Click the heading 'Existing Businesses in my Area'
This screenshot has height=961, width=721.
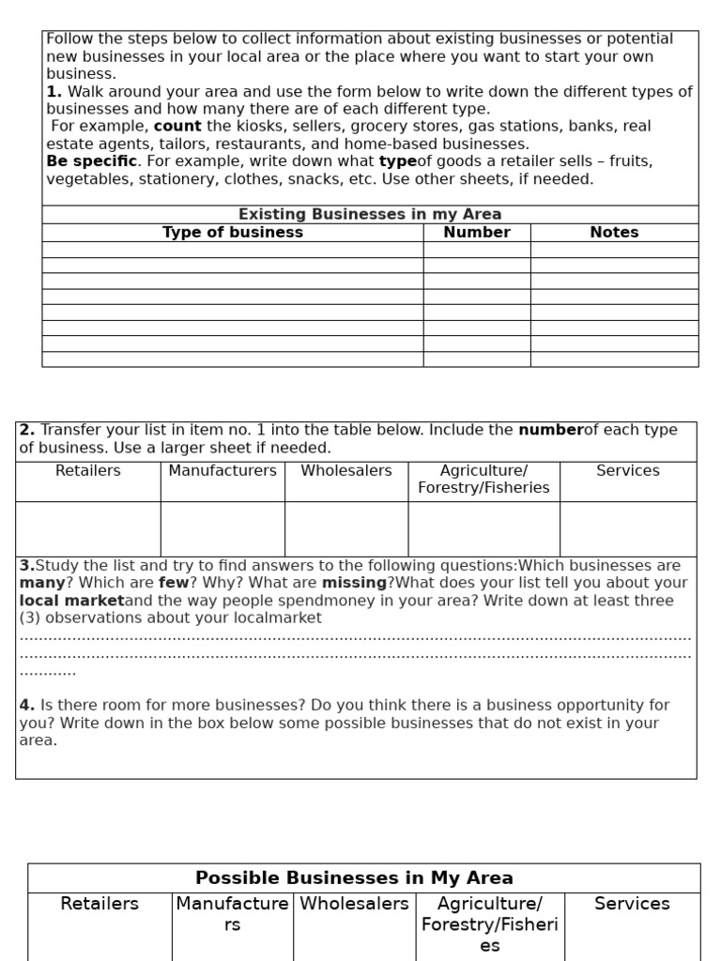370,214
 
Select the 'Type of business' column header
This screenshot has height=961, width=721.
233,232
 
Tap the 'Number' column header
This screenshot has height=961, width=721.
477,232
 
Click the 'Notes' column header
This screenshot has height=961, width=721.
614,232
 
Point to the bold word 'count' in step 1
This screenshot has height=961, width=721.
177,126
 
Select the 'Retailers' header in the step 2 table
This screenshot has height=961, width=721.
88,470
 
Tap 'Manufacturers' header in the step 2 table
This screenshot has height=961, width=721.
222,470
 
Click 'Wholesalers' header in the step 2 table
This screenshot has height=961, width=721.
346,470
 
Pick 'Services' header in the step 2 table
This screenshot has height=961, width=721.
628,470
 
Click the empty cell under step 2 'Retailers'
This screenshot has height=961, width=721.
88,528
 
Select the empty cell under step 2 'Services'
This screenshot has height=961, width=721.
628,528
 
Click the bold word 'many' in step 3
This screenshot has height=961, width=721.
40,583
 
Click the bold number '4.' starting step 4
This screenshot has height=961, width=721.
27,705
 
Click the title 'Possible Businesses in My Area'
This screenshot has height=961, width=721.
354,878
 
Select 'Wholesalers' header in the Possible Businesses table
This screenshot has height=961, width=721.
354,904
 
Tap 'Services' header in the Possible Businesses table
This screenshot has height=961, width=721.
632,904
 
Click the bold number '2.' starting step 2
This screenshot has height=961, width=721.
27,430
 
